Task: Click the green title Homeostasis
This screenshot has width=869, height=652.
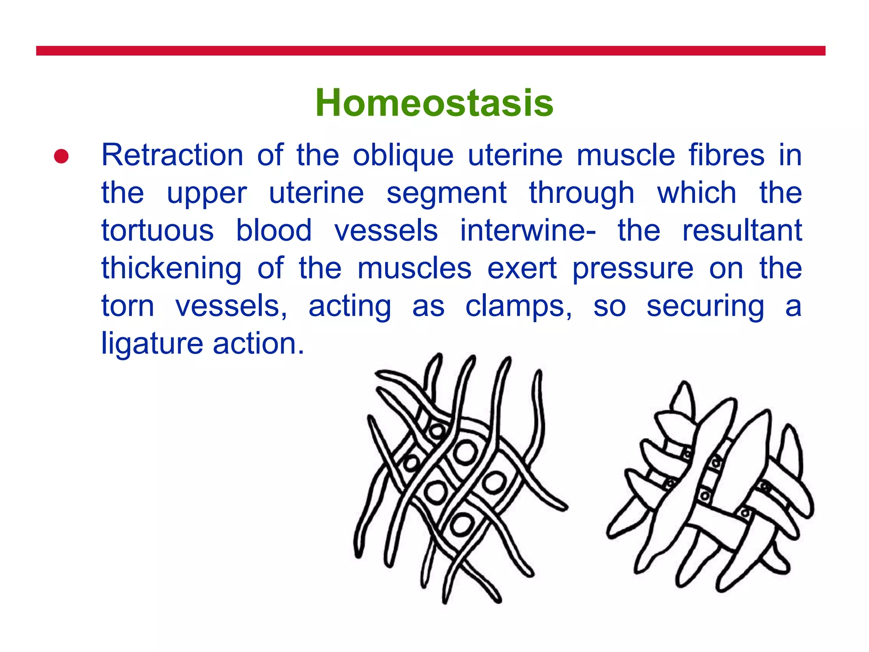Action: tap(434, 103)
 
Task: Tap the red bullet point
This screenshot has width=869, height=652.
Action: tap(62, 156)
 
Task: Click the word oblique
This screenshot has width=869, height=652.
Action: tap(403, 156)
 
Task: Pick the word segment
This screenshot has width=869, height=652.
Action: tap(446, 194)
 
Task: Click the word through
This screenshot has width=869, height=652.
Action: tap(581, 194)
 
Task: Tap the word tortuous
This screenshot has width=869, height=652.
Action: tap(157, 230)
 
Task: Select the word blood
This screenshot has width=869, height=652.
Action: tap(274, 230)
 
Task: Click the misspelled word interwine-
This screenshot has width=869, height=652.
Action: tap(528, 230)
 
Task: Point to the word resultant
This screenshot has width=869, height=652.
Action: tap(742, 230)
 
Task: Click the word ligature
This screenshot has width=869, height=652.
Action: tap(152, 344)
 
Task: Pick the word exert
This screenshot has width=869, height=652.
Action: tap(521, 268)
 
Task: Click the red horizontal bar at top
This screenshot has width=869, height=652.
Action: tap(430, 51)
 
